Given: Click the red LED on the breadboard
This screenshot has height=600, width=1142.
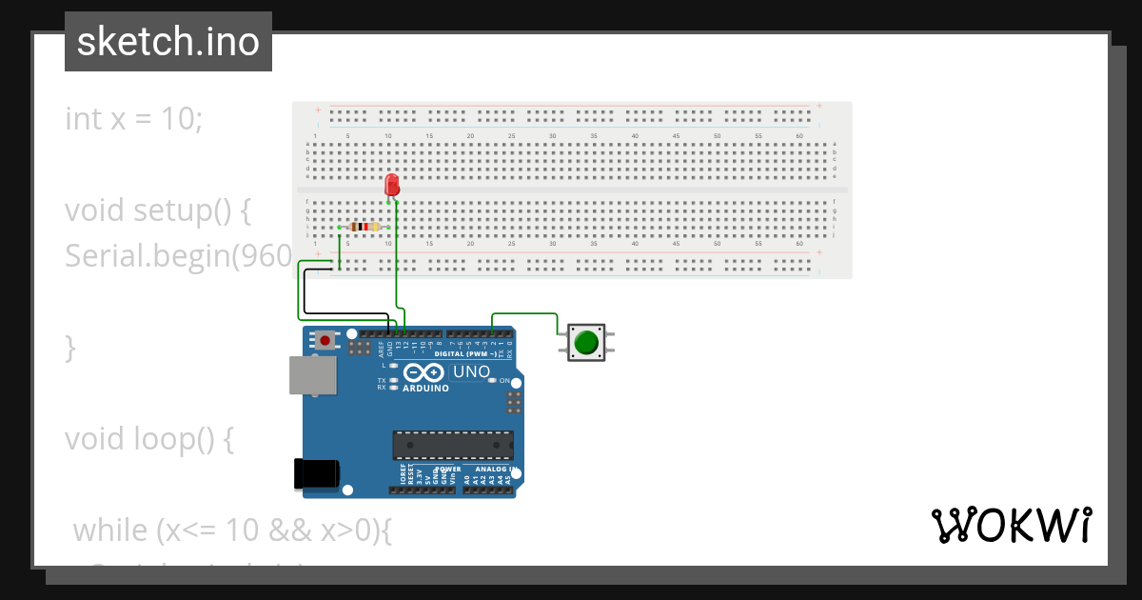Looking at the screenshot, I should coord(391,185).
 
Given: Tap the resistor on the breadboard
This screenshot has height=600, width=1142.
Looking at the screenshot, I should coord(364,227).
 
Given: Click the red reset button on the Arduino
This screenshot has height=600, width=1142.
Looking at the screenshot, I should coord(326,340).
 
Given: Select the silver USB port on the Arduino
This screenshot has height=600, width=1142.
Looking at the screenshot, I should coord(313,375).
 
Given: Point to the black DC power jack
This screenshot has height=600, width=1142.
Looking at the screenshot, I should coord(317,473).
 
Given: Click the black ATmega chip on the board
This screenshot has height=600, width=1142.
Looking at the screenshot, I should coord(453,445).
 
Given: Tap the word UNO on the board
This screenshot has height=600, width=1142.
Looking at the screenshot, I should coord(470,371).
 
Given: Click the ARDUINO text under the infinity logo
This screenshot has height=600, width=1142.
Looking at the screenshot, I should coord(425,389).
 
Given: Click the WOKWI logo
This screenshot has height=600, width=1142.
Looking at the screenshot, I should coord(1011,526).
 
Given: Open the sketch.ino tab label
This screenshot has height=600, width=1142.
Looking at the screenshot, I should coord(168,42).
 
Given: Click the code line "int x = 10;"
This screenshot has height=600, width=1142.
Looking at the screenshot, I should coord(133,119).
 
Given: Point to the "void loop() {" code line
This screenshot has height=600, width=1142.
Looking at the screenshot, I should coord(148,439).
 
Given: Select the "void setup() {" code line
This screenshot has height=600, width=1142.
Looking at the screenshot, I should coord(158,210).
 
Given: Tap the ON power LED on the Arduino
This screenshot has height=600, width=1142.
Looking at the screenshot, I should coord(492,381).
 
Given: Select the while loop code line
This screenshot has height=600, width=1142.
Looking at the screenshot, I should coord(232,530).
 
